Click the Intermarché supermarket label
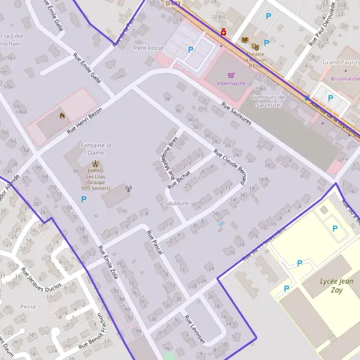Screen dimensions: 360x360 [231, 83]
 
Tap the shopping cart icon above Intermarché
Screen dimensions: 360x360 [231, 76]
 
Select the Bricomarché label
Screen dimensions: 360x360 [341, 79]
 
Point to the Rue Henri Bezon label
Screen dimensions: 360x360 [85, 120]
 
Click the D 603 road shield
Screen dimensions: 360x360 [172, 3]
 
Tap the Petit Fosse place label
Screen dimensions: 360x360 [149, 47]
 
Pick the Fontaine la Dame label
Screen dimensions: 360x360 [96, 149]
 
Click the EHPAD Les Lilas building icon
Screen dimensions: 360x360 [96, 163]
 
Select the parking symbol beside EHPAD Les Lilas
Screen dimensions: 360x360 [83, 199]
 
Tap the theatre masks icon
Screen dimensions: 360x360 [255, 45]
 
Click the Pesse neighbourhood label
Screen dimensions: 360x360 [28, 306]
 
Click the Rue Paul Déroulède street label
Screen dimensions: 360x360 [322, 24]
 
